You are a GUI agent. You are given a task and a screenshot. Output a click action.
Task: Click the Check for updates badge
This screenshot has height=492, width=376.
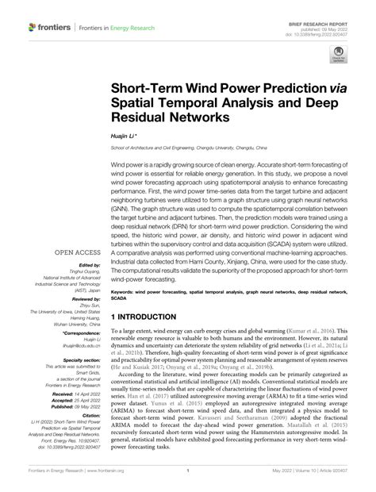coord(337,56)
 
